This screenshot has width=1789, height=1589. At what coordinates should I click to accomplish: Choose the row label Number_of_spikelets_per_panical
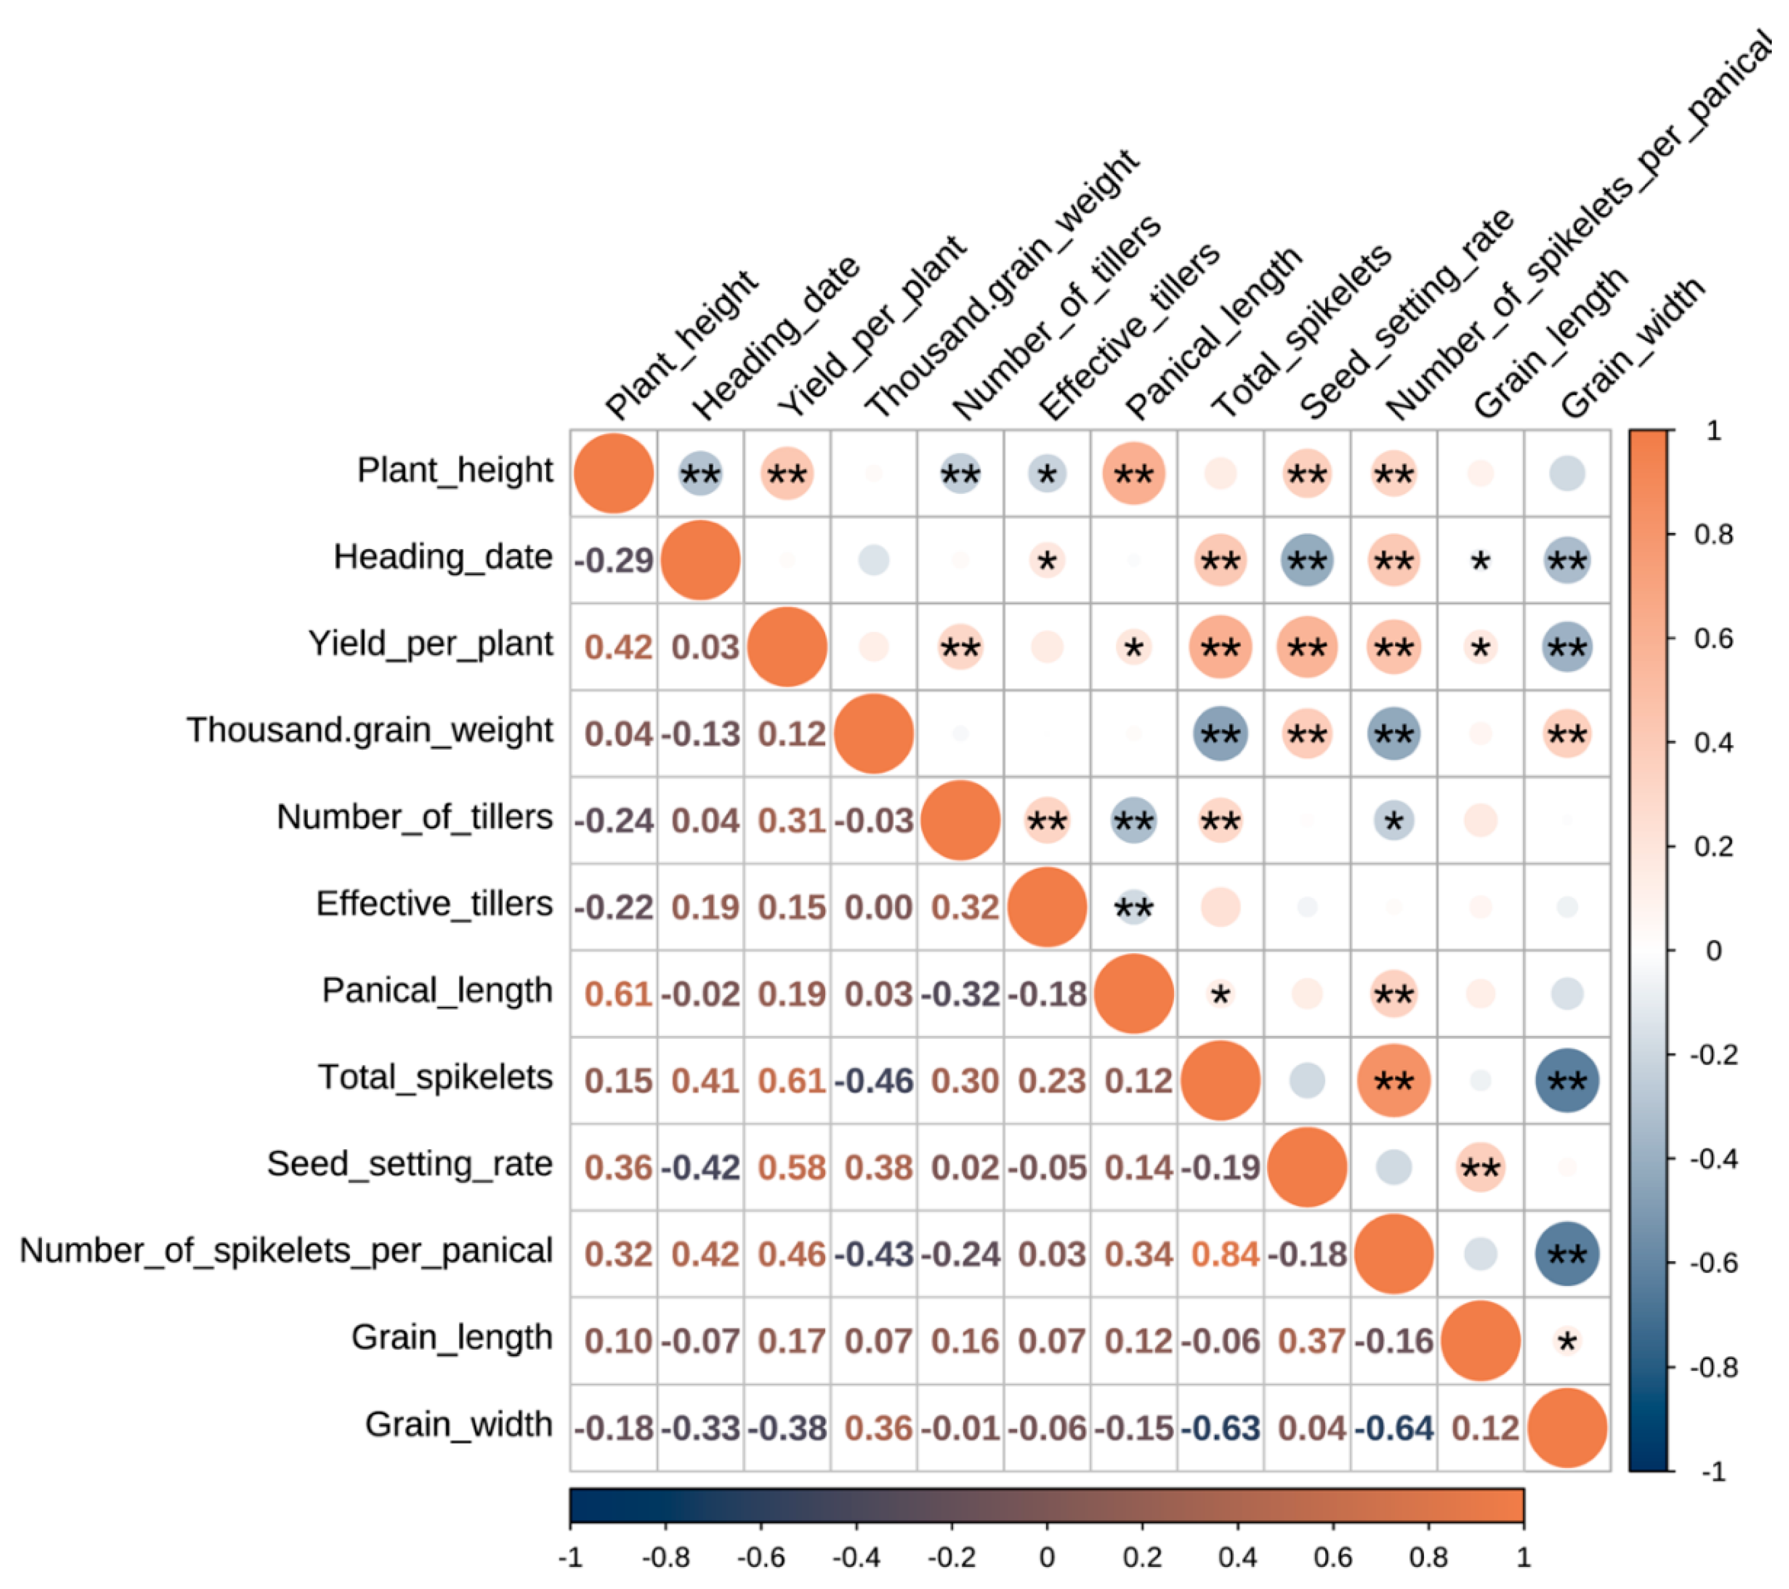pyautogui.click(x=286, y=1250)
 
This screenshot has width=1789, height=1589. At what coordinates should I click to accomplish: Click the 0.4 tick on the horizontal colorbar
pyautogui.click(x=1237, y=1557)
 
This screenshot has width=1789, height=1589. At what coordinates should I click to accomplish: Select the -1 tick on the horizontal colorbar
pyautogui.click(x=570, y=1557)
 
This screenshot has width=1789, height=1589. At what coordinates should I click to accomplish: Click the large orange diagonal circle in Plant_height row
pyautogui.click(x=613, y=473)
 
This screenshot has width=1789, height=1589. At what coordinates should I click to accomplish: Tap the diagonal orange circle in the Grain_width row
pyautogui.click(x=1566, y=1428)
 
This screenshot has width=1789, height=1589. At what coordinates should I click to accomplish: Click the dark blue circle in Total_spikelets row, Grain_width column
pyautogui.click(x=1566, y=1081)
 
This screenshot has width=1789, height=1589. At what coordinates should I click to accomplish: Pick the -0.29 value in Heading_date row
pyautogui.click(x=613, y=560)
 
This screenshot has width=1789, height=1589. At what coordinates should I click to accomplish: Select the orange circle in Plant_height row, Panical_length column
pyautogui.click(x=1133, y=473)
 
